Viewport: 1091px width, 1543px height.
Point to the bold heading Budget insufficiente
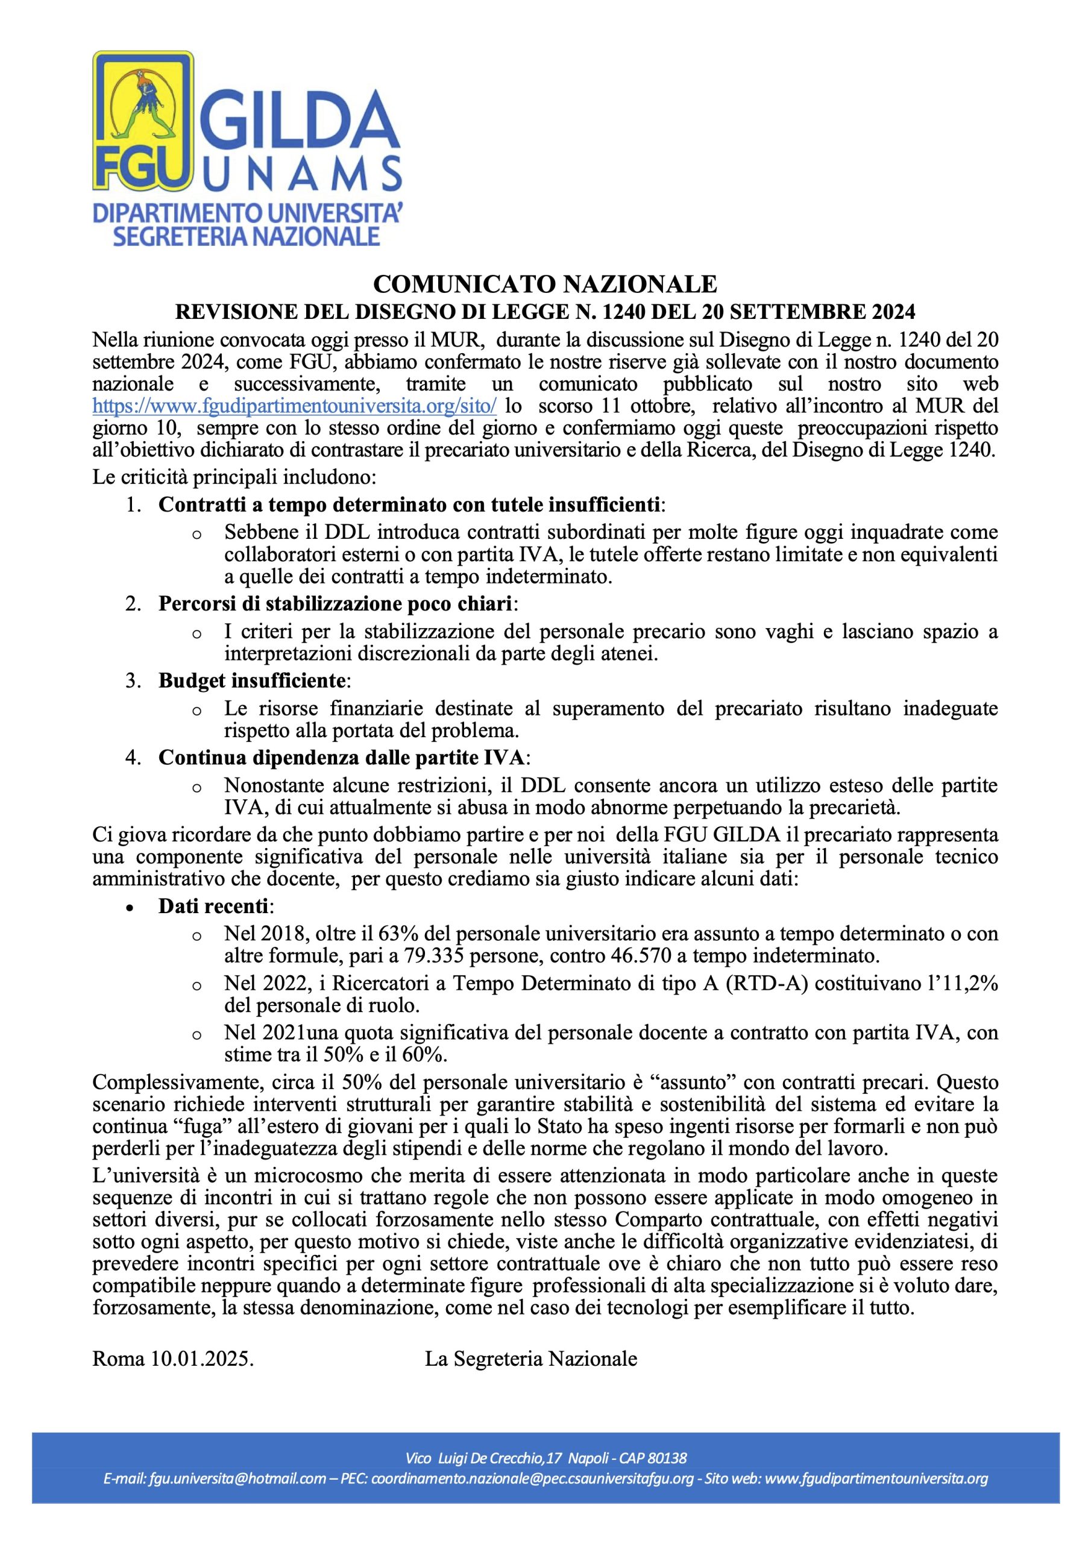click(x=252, y=680)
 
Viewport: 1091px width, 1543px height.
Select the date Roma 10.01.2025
click(x=173, y=1358)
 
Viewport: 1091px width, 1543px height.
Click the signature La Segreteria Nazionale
click(x=530, y=1358)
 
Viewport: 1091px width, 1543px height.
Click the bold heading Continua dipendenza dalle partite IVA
click(x=342, y=758)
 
